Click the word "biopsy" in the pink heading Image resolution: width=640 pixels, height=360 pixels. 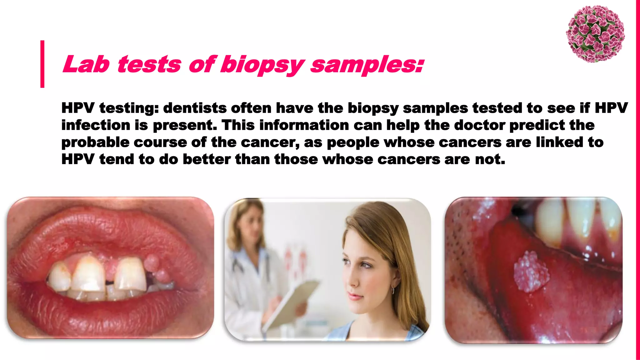[x=262, y=65]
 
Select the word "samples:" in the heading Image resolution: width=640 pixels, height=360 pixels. [x=367, y=65]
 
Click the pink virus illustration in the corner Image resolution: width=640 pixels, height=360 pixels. [x=595, y=34]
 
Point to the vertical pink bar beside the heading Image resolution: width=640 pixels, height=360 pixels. [x=42, y=64]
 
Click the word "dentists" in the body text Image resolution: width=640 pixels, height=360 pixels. [x=195, y=108]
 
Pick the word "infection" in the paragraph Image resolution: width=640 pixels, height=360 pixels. [x=96, y=125]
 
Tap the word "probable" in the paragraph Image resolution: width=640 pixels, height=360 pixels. [x=95, y=142]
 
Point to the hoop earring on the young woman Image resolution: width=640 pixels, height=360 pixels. [x=393, y=291]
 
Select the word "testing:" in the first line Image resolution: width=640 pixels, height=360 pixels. [x=129, y=108]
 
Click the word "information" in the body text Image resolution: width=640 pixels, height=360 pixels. [x=304, y=125]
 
